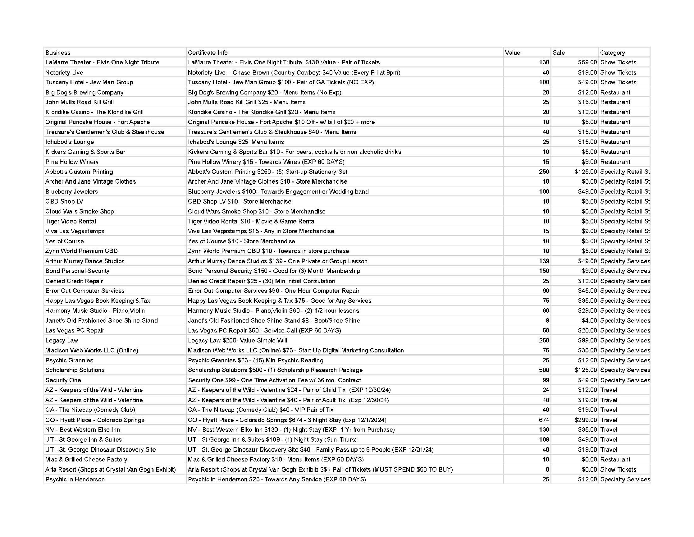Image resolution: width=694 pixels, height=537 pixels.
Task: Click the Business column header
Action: [x=58, y=53]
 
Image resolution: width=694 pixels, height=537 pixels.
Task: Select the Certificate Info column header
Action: [x=208, y=53]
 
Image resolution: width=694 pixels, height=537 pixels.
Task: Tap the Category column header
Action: [x=612, y=53]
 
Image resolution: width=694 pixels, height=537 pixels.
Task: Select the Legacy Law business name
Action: [x=62, y=340]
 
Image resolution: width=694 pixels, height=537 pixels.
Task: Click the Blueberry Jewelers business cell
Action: [x=72, y=192]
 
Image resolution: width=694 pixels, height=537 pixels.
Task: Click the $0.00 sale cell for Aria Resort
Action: [x=589, y=469]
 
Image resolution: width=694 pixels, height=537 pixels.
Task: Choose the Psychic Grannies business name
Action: [x=69, y=360]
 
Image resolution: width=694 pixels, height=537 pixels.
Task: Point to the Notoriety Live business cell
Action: [x=64, y=73]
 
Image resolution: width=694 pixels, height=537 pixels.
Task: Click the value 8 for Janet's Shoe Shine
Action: [x=547, y=321]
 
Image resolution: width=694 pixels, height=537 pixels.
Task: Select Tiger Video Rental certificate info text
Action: [x=252, y=222]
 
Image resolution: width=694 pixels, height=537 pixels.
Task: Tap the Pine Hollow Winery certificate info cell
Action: [x=266, y=162]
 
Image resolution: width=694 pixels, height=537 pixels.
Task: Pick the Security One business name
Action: [x=63, y=380]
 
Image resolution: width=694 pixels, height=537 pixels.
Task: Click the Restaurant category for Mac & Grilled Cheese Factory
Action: [x=615, y=460]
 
